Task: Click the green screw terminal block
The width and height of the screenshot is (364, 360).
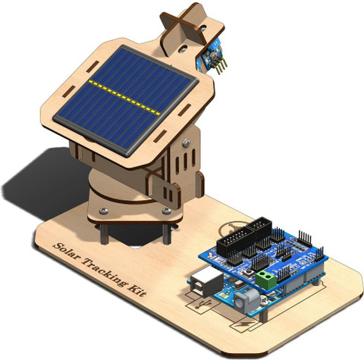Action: (x=266, y=280)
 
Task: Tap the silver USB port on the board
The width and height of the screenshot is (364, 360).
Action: (x=207, y=281)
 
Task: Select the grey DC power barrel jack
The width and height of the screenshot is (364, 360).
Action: (x=246, y=301)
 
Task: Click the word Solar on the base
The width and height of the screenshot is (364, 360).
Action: (x=67, y=252)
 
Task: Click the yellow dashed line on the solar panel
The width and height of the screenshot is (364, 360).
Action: (x=124, y=98)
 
